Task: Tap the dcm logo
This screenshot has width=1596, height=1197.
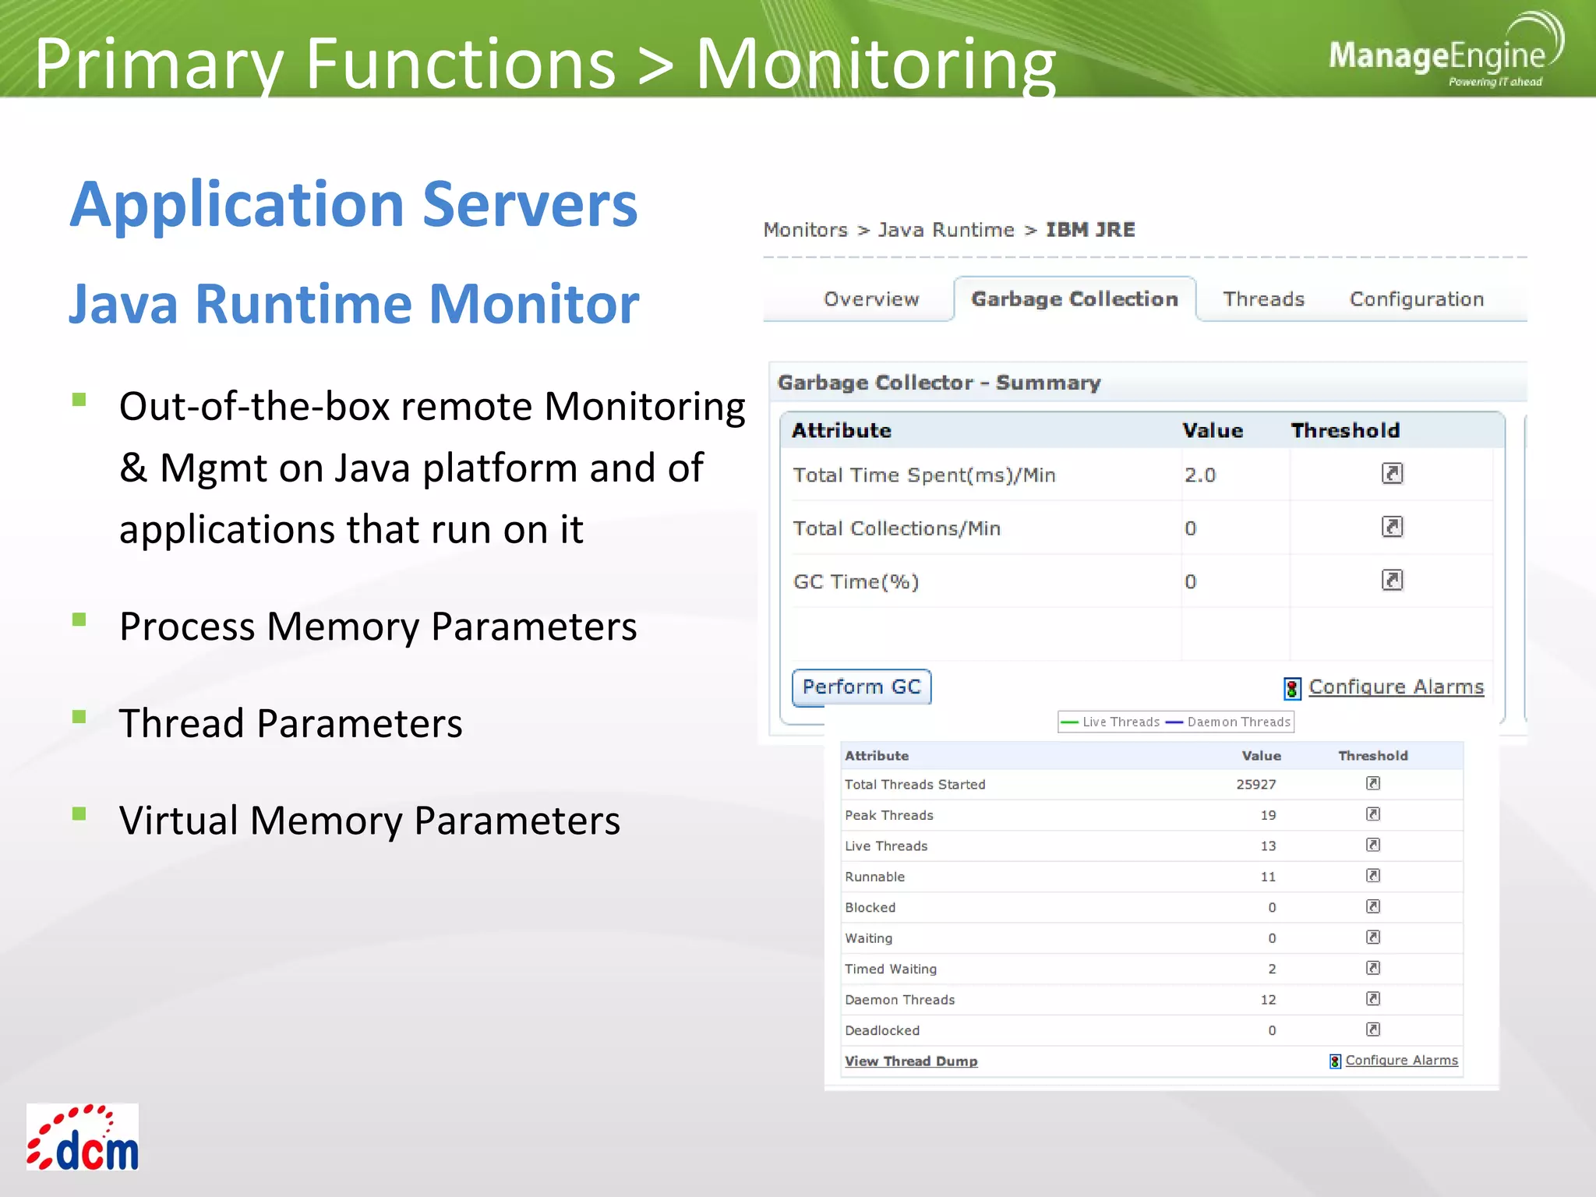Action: coord(83,1137)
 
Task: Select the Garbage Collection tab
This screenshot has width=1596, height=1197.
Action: coord(1074,299)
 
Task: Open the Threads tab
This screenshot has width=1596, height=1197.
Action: coord(1263,299)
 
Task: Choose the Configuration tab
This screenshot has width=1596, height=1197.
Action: coord(1416,299)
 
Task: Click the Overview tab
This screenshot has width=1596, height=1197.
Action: coord(871,299)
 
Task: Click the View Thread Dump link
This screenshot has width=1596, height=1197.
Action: coord(910,1061)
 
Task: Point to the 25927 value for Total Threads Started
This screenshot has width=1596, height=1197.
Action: coord(1255,784)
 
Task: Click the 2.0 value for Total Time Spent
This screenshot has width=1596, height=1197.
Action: coord(1199,475)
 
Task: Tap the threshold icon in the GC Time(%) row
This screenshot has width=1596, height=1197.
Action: coord(1392,581)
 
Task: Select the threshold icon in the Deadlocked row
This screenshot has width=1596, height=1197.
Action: coord(1373,1029)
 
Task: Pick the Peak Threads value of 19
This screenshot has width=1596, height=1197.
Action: coord(1268,815)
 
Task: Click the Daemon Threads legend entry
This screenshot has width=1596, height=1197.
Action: coord(1238,722)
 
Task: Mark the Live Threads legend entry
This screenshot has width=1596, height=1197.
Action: coord(1120,722)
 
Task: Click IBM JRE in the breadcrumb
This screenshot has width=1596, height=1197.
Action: coord(1089,230)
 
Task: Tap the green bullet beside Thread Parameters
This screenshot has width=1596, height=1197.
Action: coord(79,717)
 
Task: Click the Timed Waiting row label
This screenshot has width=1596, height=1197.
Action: coord(891,969)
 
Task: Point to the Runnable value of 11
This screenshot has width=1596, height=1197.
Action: coord(1268,877)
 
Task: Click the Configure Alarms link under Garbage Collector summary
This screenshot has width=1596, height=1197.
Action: coord(1395,687)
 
